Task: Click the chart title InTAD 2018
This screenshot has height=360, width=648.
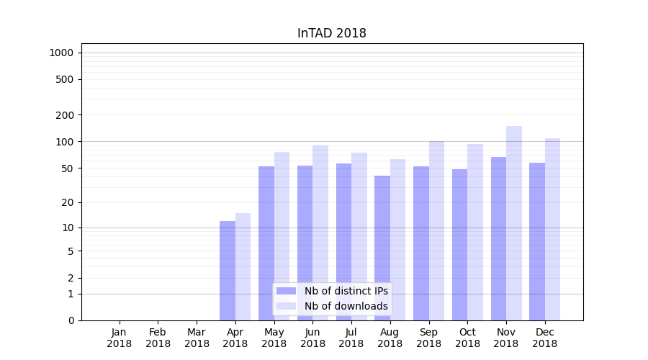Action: pyautogui.click(x=332, y=34)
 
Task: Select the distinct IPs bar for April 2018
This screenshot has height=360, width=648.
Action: pyautogui.click(x=228, y=271)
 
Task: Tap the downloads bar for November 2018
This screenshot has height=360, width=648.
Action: pyautogui.click(x=514, y=223)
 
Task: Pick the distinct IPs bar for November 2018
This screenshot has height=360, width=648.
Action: pyautogui.click(x=498, y=238)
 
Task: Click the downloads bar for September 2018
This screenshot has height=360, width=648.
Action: pyautogui.click(x=436, y=230)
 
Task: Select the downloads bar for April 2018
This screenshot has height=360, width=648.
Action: pyautogui.click(x=243, y=266)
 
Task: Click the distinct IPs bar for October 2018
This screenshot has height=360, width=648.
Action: pyautogui.click(x=459, y=245)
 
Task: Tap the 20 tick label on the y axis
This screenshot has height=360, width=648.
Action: pyautogui.click(x=68, y=202)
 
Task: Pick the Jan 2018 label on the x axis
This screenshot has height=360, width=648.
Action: pyautogui.click(x=120, y=338)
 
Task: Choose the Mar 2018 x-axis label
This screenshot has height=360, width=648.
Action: pyautogui.click(x=197, y=338)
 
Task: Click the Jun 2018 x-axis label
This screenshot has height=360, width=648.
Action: pyautogui.click(x=312, y=338)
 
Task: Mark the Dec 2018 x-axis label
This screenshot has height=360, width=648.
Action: pyautogui.click(x=544, y=338)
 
